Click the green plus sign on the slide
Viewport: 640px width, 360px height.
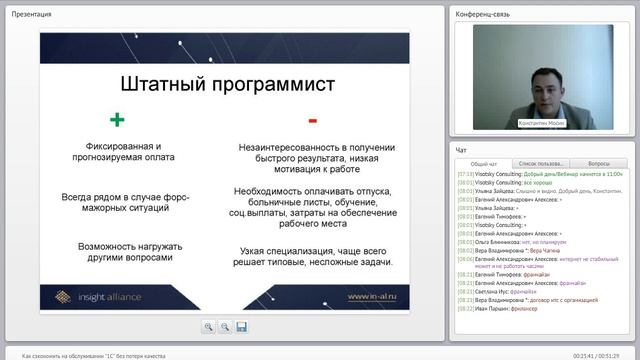[x=117, y=120]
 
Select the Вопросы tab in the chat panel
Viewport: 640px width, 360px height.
[x=599, y=162]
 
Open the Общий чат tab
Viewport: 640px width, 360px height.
[x=484, y=162]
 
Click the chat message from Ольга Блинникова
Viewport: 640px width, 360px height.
[x=514, y=242]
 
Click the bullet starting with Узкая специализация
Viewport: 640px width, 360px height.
[x=316, y=256]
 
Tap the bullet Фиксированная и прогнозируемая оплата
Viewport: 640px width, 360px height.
[x=124, y=152]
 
